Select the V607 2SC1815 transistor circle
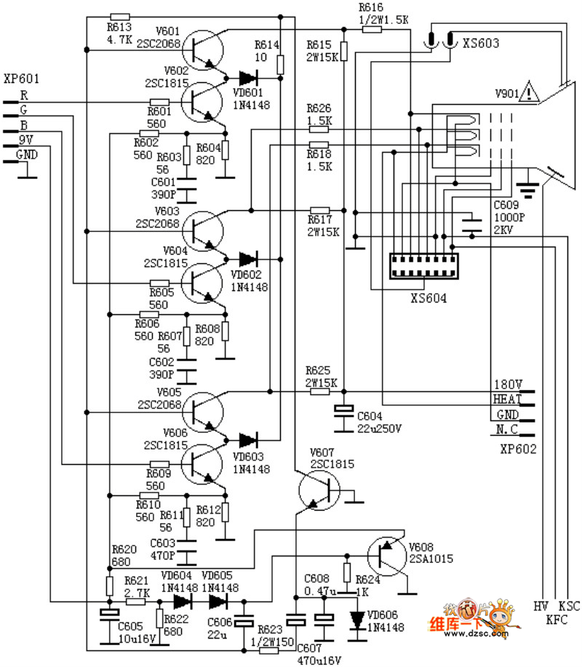319,490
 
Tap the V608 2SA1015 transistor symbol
386,555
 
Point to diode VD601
248,76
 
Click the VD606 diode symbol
357,618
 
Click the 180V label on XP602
507,384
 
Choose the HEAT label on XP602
507,399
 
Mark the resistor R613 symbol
119,17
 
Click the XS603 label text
481,44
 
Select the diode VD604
183,602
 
